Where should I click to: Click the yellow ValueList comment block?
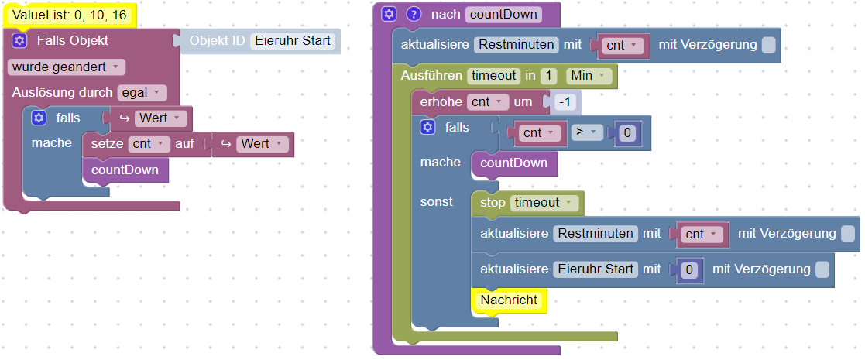69,15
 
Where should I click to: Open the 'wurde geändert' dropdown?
67,67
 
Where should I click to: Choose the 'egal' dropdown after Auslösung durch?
142,93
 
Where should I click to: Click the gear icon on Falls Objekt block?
20,41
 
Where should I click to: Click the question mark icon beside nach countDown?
414,14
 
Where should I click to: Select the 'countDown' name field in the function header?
503,14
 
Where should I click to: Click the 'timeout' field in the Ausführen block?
493,76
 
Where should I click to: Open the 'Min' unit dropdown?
589,76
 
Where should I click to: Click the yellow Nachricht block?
509,300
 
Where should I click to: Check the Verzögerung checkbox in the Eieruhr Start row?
822,269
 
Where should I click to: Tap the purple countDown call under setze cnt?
125,170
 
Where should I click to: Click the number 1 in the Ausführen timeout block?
548,76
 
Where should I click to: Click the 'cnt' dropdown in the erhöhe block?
487,101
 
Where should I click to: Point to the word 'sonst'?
437,202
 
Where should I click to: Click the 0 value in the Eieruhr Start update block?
691,269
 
